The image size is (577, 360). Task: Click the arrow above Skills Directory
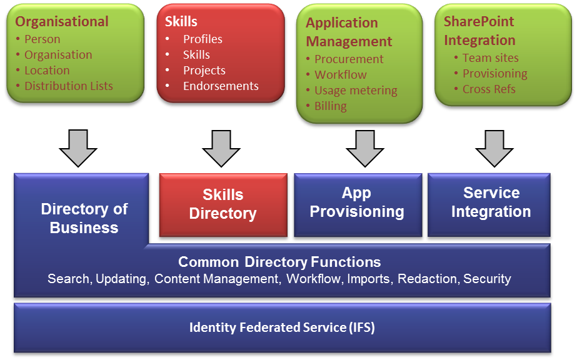(x=221, y=148)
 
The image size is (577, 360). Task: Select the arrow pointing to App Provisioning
(x=365, y=148)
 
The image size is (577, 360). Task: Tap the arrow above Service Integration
(x=494, y=148)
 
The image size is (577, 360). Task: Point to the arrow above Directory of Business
(x=78, y=148)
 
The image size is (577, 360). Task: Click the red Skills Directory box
(x=223, y=205)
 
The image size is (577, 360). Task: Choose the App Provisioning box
(x=358, y=205)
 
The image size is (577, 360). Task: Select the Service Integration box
(x=489, y=205)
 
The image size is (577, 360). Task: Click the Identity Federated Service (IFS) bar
(x=282, y=327)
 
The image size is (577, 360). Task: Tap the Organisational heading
(x=62, y=22)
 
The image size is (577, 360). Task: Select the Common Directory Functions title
(x=279, y=262)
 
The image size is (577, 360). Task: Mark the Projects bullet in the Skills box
(x=204, y=71)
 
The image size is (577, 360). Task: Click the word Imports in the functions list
(x=369, y=279)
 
